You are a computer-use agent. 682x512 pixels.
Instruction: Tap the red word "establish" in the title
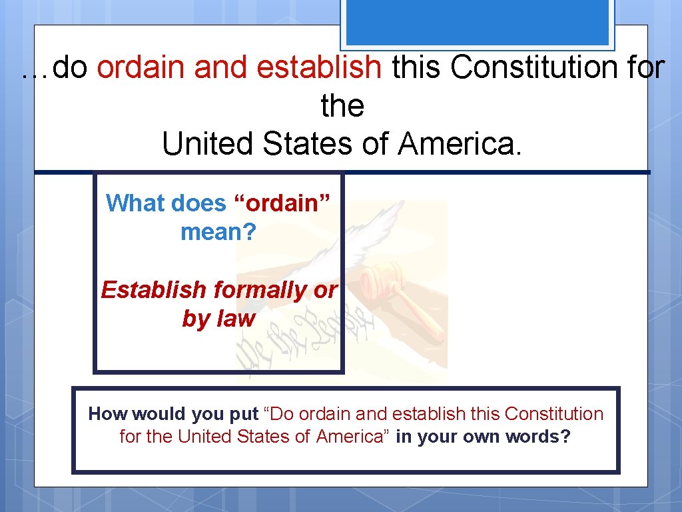(x=319, y=67)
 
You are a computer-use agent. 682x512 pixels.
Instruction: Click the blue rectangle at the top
(x=476, y=22)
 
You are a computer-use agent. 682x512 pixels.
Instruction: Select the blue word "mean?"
(x=218, y=232)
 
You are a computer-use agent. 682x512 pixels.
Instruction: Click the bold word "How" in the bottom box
(x=108, y=414)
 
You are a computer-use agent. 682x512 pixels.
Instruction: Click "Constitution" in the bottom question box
(x=553, y=414)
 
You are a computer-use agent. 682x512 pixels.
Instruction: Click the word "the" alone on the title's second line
(x=342, y=105)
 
